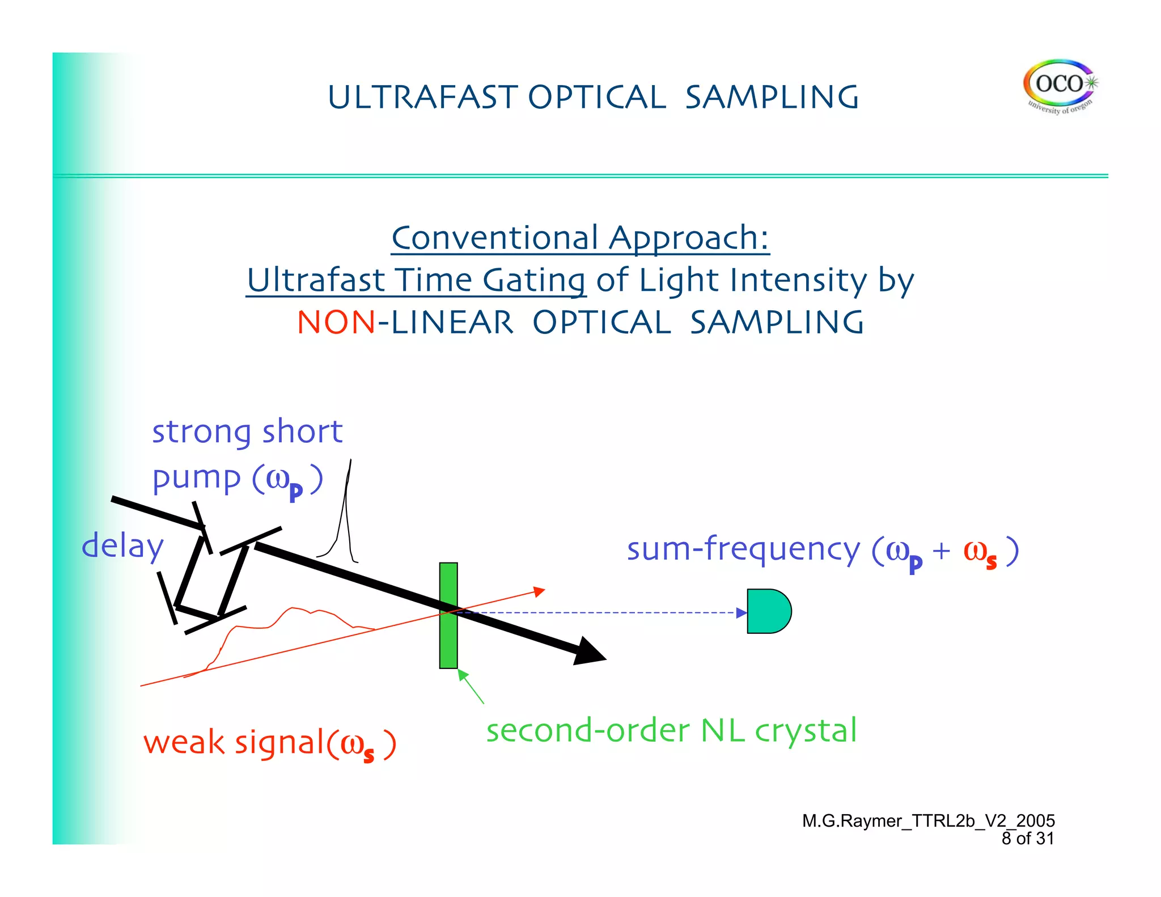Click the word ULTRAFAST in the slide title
(422, 97)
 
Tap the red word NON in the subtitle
(336, 323)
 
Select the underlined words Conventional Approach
(580, 238)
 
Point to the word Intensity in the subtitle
(798, 280)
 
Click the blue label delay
(122, 546)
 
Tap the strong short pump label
(247, 454)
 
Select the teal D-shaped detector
(768, 611)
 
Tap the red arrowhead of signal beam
(539, 592)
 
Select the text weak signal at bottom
(269, 743)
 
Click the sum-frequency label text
(822, 549)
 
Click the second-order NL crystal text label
(671, 730)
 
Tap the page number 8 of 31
(1027, 839)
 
